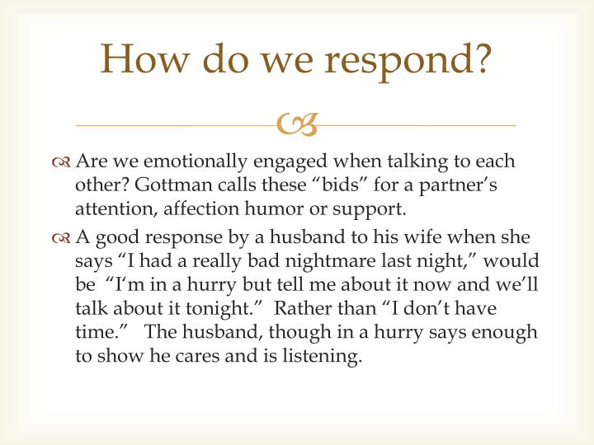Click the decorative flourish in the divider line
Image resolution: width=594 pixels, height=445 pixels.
[297, 124]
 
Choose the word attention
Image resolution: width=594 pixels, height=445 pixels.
[110, 208]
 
